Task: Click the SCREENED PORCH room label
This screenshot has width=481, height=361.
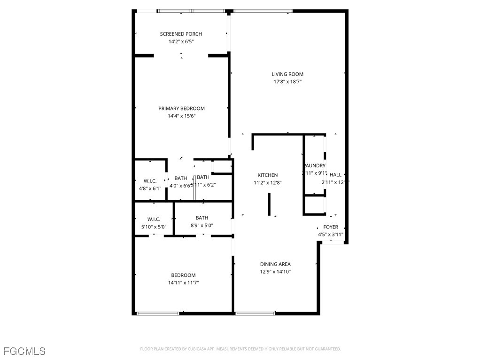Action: (x=181, y=34)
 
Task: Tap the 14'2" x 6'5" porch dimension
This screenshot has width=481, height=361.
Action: (x=181, y=42)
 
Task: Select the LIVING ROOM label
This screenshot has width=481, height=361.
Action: (x=287, y=74)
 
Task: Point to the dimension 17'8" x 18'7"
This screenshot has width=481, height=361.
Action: (x=287, y=82)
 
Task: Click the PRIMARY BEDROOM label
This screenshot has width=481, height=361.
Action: (x=181, y=109)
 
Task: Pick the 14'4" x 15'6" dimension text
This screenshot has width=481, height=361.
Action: (x=181, y=116)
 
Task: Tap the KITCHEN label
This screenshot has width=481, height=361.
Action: (x=267, y=175)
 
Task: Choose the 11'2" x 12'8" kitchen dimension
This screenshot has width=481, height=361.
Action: (x=267, y=183)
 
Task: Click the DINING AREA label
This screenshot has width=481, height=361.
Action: (x=275, y=264)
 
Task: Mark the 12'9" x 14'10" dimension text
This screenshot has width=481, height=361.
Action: (x=275, y=272)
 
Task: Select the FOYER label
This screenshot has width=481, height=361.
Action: (x=331, y=227)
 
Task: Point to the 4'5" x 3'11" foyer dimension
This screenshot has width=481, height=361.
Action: (x=331, y=235)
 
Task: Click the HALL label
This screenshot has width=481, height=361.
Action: (x=335, y=175)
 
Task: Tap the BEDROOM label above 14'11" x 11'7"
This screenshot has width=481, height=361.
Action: (x=183, y=275)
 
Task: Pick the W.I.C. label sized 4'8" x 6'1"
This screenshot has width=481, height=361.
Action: (x=150, y=181)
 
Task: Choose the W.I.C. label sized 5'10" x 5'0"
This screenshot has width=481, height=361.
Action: (x=154, y=220)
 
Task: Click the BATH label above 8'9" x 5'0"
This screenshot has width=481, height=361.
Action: (x=202, y=218)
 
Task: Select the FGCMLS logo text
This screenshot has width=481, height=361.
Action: (x=24, y=351)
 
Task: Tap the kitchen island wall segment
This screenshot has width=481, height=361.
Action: (x=269, y=204)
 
